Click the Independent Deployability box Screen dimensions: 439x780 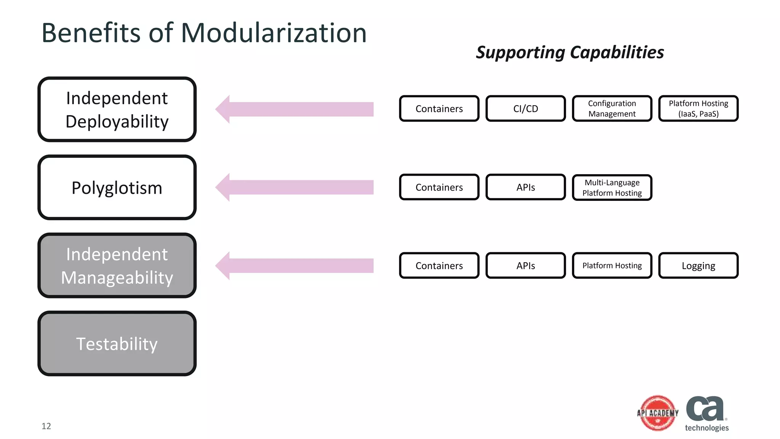click(x=117, y=109)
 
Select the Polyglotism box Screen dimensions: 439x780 click(x=117, y=187)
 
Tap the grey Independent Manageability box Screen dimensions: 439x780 click(x=117, y=266)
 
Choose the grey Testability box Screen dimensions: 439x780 click(x=117, y=344)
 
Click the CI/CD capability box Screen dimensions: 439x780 click(x=526, y=109)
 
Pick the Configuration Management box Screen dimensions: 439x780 click(x=612, y=109)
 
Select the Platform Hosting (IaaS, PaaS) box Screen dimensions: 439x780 click(x=698, y=109)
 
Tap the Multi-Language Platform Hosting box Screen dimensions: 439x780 click(x=612, y=187)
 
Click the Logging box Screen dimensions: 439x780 click(x=698, y=266)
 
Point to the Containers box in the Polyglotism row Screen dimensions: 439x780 click(x=439, y=187)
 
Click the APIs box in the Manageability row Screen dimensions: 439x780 click(x=526, y=266)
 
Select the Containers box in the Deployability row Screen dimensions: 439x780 click(x=439, y=109)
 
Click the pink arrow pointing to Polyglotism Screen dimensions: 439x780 click(x=294, y=187)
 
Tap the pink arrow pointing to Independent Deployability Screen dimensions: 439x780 click(x=294, y=109)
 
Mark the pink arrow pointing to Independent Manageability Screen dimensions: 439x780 click(x=294, y=266)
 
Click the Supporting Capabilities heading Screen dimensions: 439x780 click(x=570, y=53)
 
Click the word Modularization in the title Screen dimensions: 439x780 click(x=273, y=33)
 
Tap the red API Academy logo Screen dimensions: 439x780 click(x=658, y=413)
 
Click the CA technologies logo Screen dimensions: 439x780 click(x=706, y=414)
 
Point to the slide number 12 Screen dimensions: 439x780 click(x=46, y=426)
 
